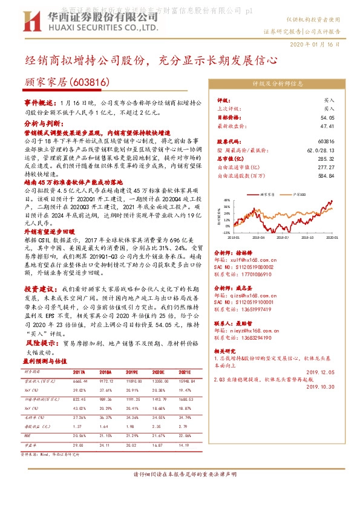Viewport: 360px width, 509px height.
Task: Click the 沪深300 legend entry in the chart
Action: (298, 195)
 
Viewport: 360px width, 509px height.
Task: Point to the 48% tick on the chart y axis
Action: (227, 199)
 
